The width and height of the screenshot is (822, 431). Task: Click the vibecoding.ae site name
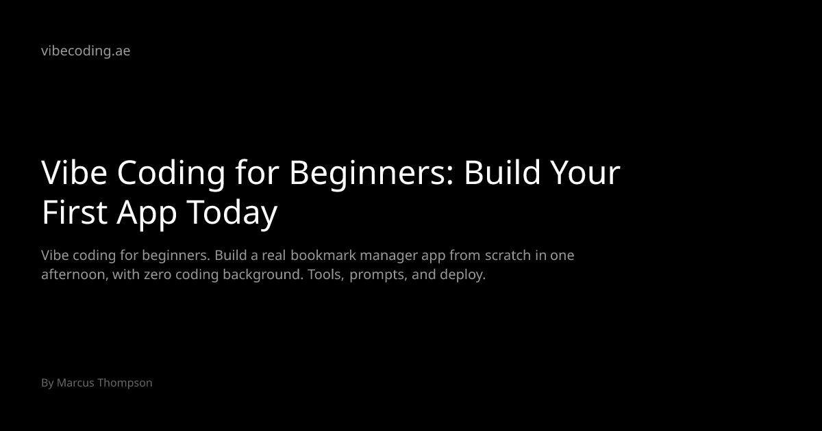(86, 51)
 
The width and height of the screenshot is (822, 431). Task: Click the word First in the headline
(75, 212)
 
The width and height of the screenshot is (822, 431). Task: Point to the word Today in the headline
(232, 214)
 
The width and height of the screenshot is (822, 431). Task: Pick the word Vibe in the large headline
(74, 172)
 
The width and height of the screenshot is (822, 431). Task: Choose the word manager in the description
(388, 257)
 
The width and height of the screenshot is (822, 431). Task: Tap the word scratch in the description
(508, 255)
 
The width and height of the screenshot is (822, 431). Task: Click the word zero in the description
(158, 275)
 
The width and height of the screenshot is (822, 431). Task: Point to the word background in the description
(263, 275)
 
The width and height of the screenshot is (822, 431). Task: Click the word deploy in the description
(463, 275)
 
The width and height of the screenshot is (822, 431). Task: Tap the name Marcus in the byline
(75, 382)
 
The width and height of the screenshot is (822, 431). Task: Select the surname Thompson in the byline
(125, 383)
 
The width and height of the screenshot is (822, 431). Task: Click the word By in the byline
(47, 383)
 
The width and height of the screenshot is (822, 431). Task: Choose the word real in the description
(274, 255)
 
